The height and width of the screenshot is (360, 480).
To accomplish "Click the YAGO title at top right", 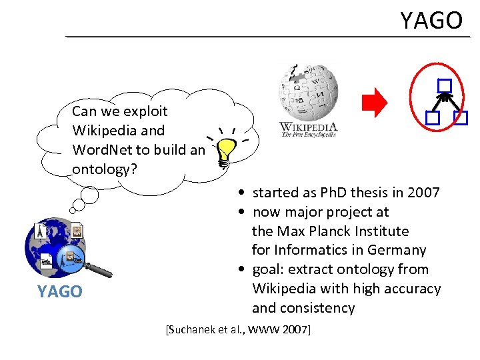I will tap(431, 21).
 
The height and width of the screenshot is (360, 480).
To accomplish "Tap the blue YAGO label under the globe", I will tap(60, 291).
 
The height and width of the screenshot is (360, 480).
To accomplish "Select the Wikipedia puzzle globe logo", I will tap(308, 91).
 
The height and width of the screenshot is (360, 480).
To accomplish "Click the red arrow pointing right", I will tap(374, 103).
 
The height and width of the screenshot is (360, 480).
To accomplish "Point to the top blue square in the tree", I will tap(445, 85).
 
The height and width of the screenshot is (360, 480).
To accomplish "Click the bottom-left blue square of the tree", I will tap(431, 118).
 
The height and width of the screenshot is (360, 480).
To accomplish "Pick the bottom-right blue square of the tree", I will tap(461, 118).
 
